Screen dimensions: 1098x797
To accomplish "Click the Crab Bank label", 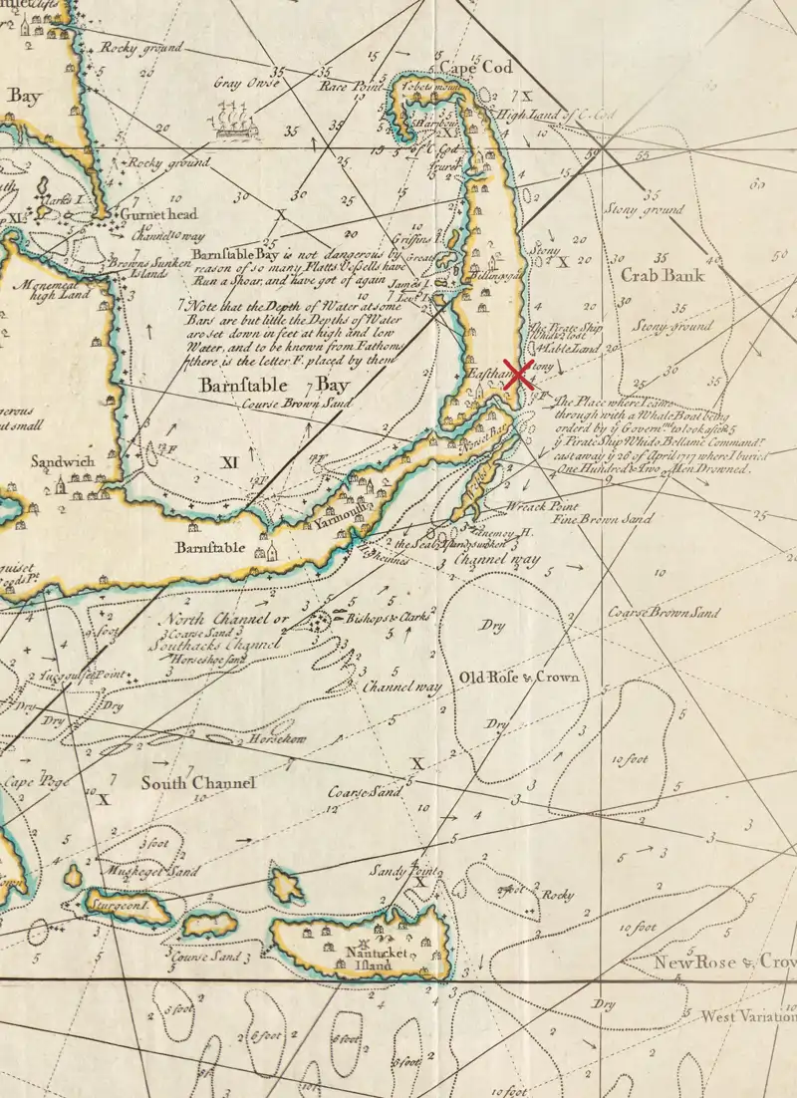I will click(x=662, y=276).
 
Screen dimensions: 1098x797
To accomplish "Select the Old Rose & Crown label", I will click(x=518, y=678).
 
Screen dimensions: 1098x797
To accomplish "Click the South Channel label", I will click(x=198, y=783).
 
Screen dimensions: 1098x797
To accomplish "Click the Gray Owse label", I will click(x=241, y=83).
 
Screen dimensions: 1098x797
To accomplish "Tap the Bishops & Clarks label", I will click(x=388, y=618).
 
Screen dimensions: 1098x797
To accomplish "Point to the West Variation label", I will click(x=748, y=1017).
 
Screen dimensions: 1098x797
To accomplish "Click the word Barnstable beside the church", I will click(x=210, y=548).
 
